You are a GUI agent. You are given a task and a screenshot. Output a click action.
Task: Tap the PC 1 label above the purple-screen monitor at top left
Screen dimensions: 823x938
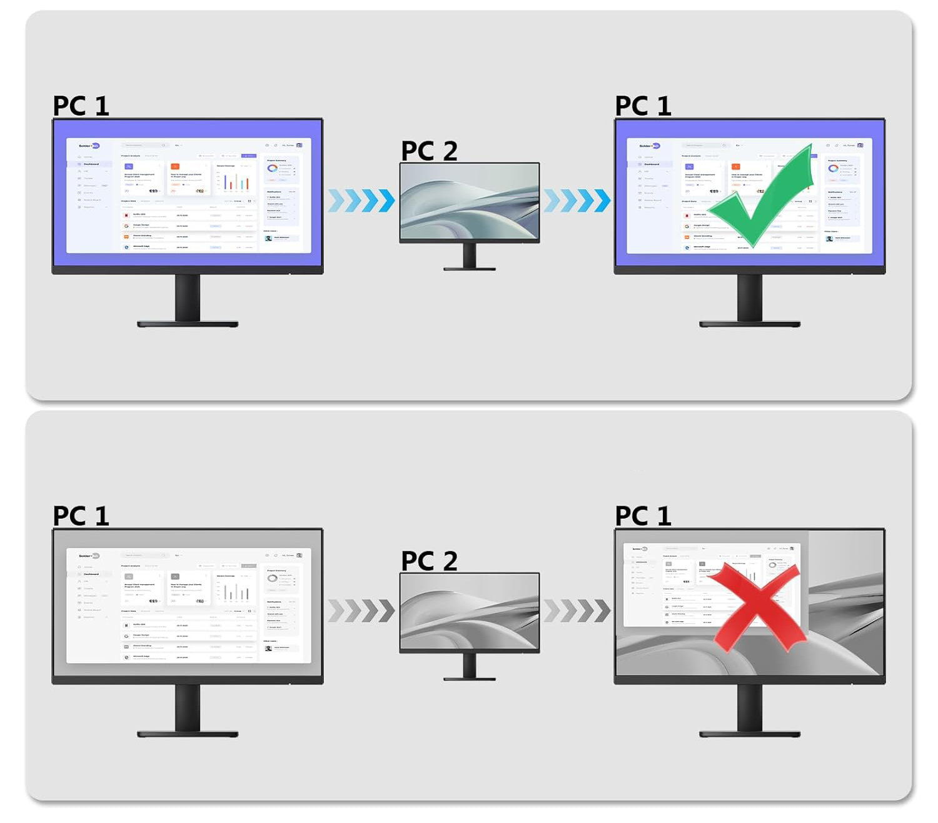click(x=81, y=106)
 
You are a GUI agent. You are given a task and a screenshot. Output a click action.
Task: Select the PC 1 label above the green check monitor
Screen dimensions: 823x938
click(x=643, y=106)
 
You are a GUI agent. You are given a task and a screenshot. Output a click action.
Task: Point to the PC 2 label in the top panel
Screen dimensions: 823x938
click(x=430, y=151)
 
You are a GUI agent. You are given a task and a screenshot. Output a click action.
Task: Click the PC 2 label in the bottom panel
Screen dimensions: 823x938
click(x=430, y=561)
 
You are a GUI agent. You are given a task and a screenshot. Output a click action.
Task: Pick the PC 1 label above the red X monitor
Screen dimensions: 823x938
click(x=643, y=516)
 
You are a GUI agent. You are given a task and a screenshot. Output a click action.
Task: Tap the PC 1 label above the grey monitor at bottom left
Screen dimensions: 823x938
click(x=81, y=516)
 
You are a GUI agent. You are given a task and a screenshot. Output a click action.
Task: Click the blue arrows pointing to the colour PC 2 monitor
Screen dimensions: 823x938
click(x=361, y=201)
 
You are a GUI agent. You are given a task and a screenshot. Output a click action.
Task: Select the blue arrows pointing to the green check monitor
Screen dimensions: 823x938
click(x=577, y=201)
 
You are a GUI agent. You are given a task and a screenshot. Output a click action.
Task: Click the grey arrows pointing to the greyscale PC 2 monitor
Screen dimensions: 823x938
click(x=361, y=611)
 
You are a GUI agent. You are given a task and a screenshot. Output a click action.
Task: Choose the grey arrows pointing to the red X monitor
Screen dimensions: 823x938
click(x=577, y=611)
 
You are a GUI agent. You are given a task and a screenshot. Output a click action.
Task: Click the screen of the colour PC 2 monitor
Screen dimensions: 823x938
click(x=470, y=201)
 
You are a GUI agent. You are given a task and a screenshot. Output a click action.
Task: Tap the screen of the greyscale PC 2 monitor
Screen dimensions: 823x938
click(x=470, y=611)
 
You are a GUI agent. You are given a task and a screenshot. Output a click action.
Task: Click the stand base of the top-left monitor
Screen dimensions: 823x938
click(x=188, y=324)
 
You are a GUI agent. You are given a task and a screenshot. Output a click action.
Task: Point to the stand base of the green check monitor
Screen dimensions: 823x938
click(x=750, y=324)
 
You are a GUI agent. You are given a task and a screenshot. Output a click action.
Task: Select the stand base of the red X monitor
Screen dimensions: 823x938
click(x=750, y=734)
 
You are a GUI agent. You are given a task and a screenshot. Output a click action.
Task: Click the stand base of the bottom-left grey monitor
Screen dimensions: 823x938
click(x=188, y=734)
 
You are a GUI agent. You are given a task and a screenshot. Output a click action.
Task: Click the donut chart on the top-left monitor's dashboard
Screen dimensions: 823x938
click(x=273, y=169)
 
